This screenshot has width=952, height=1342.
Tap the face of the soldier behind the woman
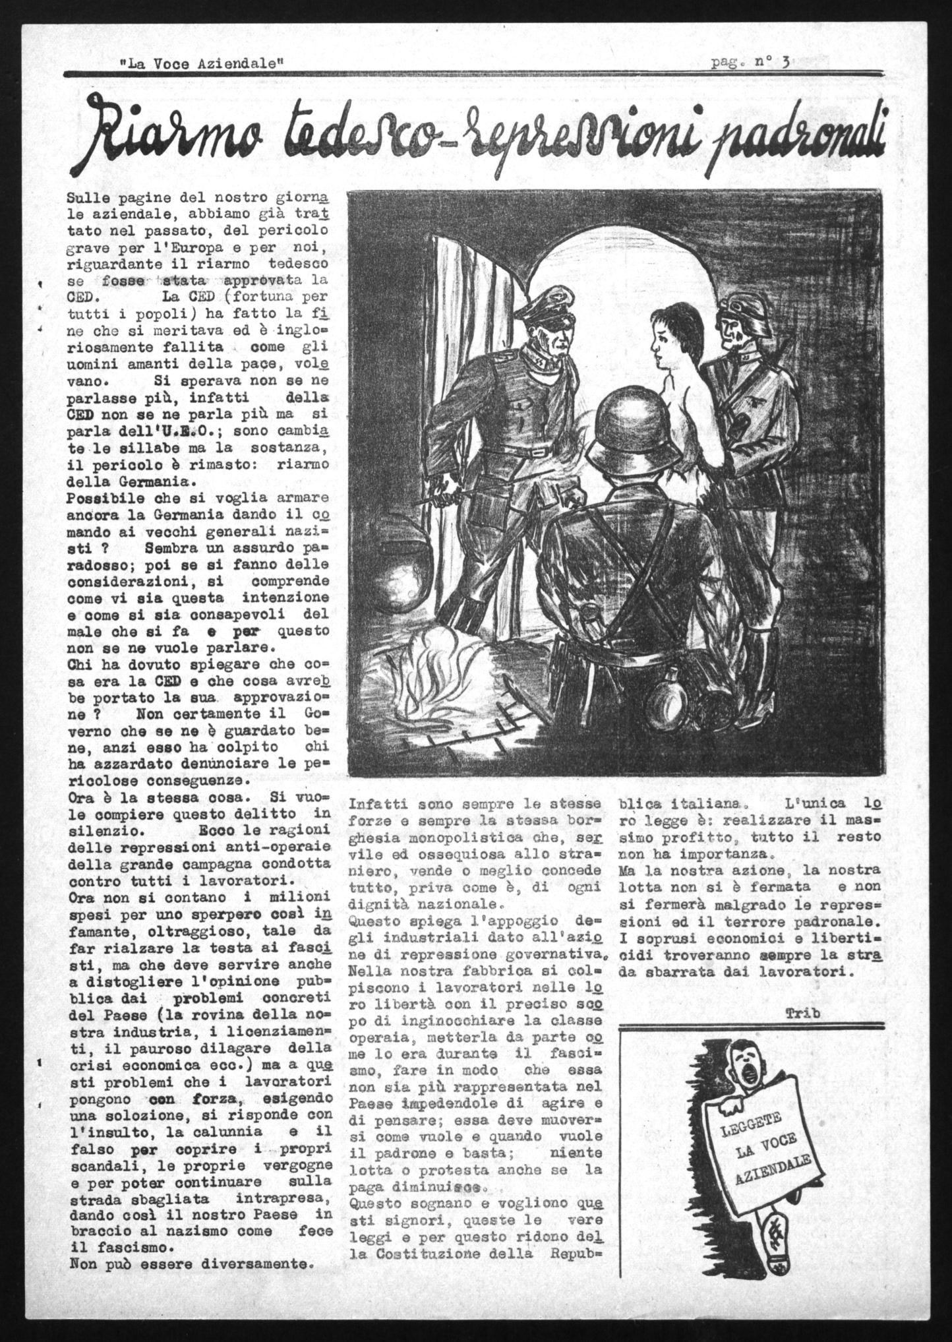(x=734, y=332)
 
